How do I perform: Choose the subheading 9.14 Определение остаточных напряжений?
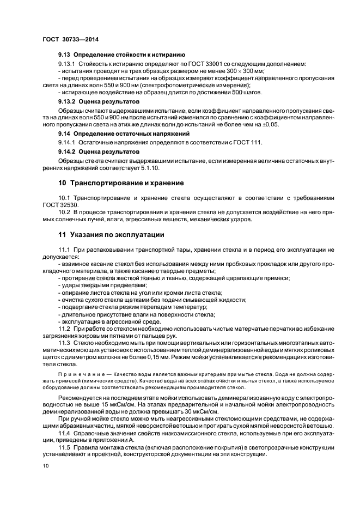124,133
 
